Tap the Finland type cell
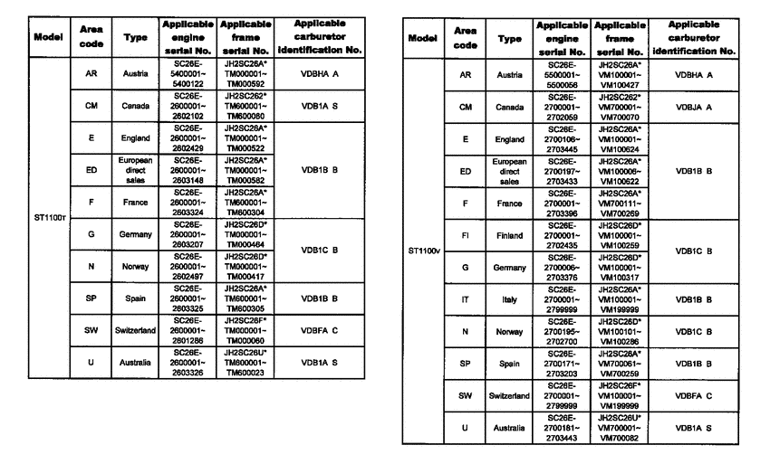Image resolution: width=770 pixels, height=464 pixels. tap(511, 235)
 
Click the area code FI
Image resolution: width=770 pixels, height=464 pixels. tap(465, 235)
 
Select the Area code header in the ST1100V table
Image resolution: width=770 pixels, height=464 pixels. tap(465, 37)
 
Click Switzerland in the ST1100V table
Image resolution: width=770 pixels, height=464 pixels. tap(511, 396)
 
